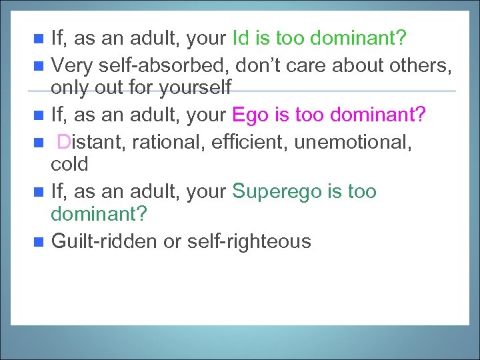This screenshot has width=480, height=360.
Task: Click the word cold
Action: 69,163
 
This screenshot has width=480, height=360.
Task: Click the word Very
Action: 72,65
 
